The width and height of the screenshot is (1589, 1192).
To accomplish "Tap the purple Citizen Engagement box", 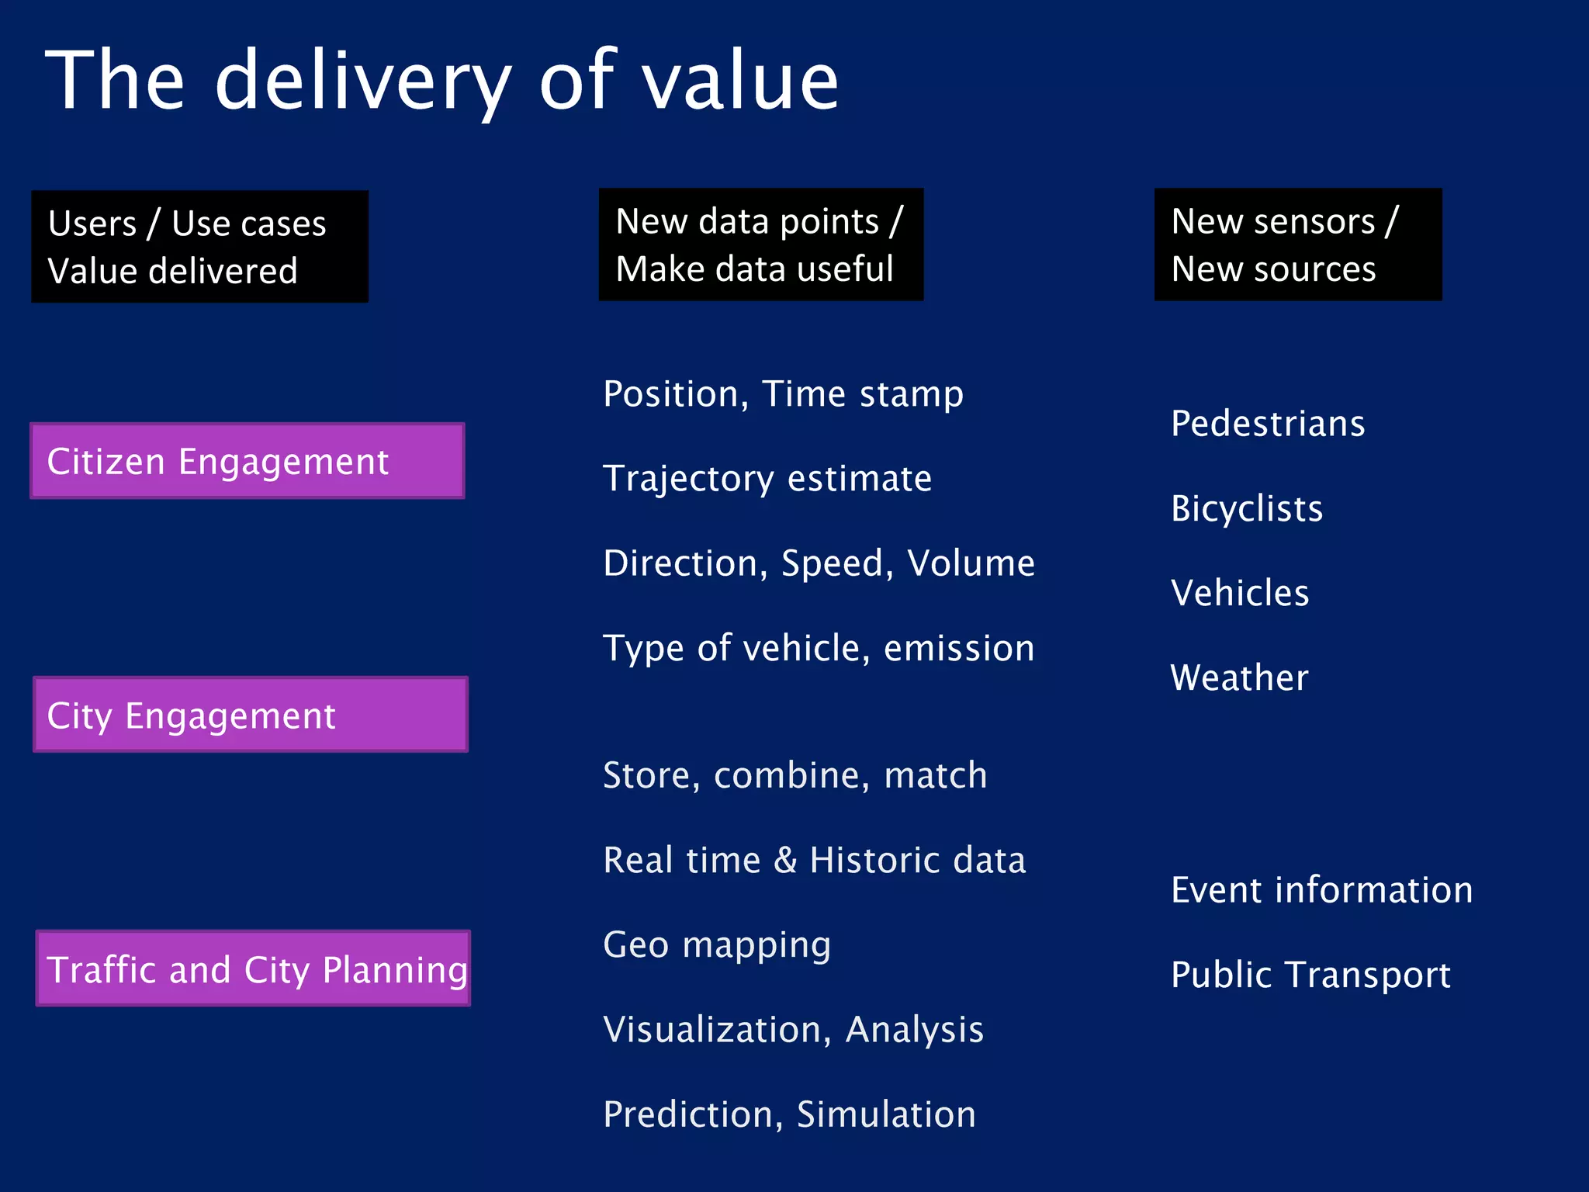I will coord(248,461).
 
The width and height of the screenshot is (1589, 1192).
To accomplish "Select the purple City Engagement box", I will coord(251,715).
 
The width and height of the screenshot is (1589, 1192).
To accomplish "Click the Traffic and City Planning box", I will coord(254,968).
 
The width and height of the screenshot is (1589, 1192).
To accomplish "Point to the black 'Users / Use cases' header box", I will coord(199,246).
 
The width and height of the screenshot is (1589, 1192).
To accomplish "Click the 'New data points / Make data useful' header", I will coord(760,244).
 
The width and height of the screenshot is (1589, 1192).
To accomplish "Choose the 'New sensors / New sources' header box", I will coord(1297,244).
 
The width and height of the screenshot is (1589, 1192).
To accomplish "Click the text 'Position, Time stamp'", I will coord(783,394).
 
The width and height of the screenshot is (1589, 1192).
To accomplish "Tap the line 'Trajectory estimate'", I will coord(767,479).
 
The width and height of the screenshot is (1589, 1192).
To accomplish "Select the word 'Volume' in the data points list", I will coord(971,563).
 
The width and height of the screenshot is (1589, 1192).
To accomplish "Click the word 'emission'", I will coord(959,648).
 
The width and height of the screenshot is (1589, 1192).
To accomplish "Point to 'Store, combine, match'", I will coord(794,775).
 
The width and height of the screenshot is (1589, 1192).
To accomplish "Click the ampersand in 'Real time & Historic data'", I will coord(785,860).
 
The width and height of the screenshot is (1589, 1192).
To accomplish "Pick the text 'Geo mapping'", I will coord(717,945).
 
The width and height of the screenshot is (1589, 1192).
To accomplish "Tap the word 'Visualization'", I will coord(711,1030).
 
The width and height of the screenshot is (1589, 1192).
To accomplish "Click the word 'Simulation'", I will coord(886,1114).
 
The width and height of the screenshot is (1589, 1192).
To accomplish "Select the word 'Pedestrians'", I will coord(1267,424).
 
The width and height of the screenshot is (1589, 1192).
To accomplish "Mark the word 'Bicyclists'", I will coord(1246,509).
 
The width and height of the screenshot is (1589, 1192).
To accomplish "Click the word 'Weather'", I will coord(1239,677).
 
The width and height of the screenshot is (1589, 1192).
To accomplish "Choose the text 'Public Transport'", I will coord(1310,975).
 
